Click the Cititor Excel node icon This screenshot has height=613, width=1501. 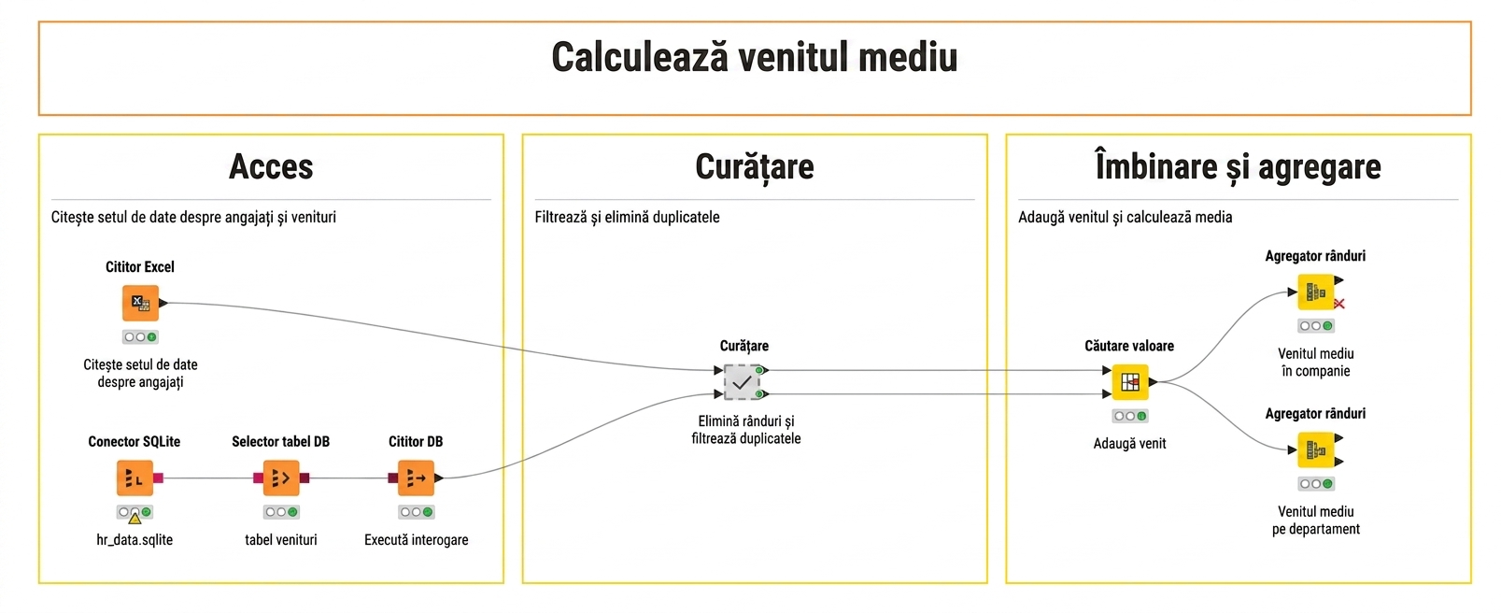(140, 303)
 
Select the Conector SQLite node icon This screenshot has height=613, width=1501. (135, 478)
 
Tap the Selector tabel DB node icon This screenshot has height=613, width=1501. (281, 478)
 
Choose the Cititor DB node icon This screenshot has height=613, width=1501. (416, 478)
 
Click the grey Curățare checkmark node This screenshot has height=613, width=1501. (742, 382)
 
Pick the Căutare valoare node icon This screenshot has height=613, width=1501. (1130, 382)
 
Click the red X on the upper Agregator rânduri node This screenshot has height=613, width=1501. (1338, 304)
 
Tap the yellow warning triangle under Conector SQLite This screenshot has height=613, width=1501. (135, 518)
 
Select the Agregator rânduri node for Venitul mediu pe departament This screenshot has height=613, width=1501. (1315, 449)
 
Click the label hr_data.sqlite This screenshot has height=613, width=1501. (135, 540)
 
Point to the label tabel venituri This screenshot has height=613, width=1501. (281, 540)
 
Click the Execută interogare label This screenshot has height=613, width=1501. (417, 540)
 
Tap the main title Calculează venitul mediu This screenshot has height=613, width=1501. (755, 57)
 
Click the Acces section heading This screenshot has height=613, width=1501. (271, 166)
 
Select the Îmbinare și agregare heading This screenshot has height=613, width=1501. (1238, 166)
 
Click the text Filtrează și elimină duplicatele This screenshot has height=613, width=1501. (627, 218)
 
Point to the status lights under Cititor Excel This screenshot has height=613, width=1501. (140, 337)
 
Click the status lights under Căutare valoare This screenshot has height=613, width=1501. (1130, 417)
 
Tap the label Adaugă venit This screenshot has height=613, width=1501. (1130, 444)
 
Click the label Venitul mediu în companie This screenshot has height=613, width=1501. (1316, 363)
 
